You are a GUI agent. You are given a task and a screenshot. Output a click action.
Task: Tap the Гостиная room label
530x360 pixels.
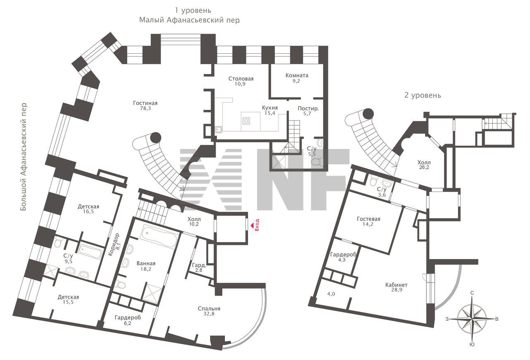pos(145,103)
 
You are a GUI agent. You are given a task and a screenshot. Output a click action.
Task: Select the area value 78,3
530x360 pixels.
pos(145,108)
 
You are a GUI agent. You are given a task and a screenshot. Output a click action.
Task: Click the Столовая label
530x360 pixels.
pos(241,79)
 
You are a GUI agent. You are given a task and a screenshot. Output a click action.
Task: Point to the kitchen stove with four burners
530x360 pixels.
pos(246,121)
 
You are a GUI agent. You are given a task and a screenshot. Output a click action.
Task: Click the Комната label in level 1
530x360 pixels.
pos(297,75)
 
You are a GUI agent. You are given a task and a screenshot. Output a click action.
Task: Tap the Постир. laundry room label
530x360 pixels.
pos(308,108)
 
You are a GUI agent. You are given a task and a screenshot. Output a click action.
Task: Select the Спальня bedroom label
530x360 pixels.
pos(209,308)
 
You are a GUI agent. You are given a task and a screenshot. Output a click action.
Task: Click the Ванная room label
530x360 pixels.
pos(146,264)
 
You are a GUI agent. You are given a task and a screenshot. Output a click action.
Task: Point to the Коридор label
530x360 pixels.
pos(114,245)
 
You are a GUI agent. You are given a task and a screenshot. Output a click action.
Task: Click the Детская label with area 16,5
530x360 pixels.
pos(89,206)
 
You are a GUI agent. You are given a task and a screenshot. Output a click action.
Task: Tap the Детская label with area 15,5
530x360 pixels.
pos(68,297)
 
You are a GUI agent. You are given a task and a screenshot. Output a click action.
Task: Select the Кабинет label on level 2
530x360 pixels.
pos(397,285)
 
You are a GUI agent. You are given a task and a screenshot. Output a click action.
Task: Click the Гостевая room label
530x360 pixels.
pos(369,219)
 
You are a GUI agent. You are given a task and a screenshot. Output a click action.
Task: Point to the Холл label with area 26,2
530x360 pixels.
pos(424,163)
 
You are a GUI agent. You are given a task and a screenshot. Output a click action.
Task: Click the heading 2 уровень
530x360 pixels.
pos(423,95)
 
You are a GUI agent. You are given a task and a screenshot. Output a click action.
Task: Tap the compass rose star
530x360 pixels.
pos(472,319)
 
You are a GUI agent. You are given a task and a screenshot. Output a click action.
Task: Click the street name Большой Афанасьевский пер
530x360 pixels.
pos(24,156)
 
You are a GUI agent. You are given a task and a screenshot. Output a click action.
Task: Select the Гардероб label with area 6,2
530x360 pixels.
pos(128,317)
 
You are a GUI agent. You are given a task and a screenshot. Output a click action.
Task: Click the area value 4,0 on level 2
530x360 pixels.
pos(331,294)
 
